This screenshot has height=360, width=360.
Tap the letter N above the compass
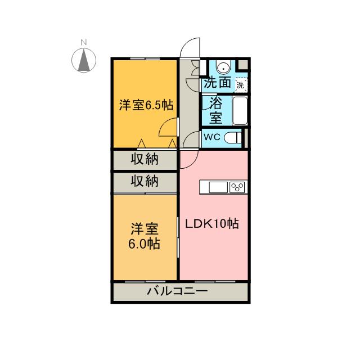point(83,42)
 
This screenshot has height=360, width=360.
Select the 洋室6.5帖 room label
point(145,105)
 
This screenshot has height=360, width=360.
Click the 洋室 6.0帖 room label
point(145,236)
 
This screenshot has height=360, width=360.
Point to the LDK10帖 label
point(213,224)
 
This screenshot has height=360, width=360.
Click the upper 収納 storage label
point(145,159)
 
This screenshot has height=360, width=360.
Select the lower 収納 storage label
point(145,182)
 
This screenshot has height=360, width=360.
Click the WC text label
point(211,137)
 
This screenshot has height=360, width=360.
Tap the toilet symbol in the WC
point(231,137)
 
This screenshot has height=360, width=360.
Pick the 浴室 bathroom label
point(215,110)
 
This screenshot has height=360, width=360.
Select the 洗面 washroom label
point(217,83)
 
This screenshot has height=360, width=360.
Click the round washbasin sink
point(224,67)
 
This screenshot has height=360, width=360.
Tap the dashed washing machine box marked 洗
point(241,85)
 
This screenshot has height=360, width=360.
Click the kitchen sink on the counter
point(218,187)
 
